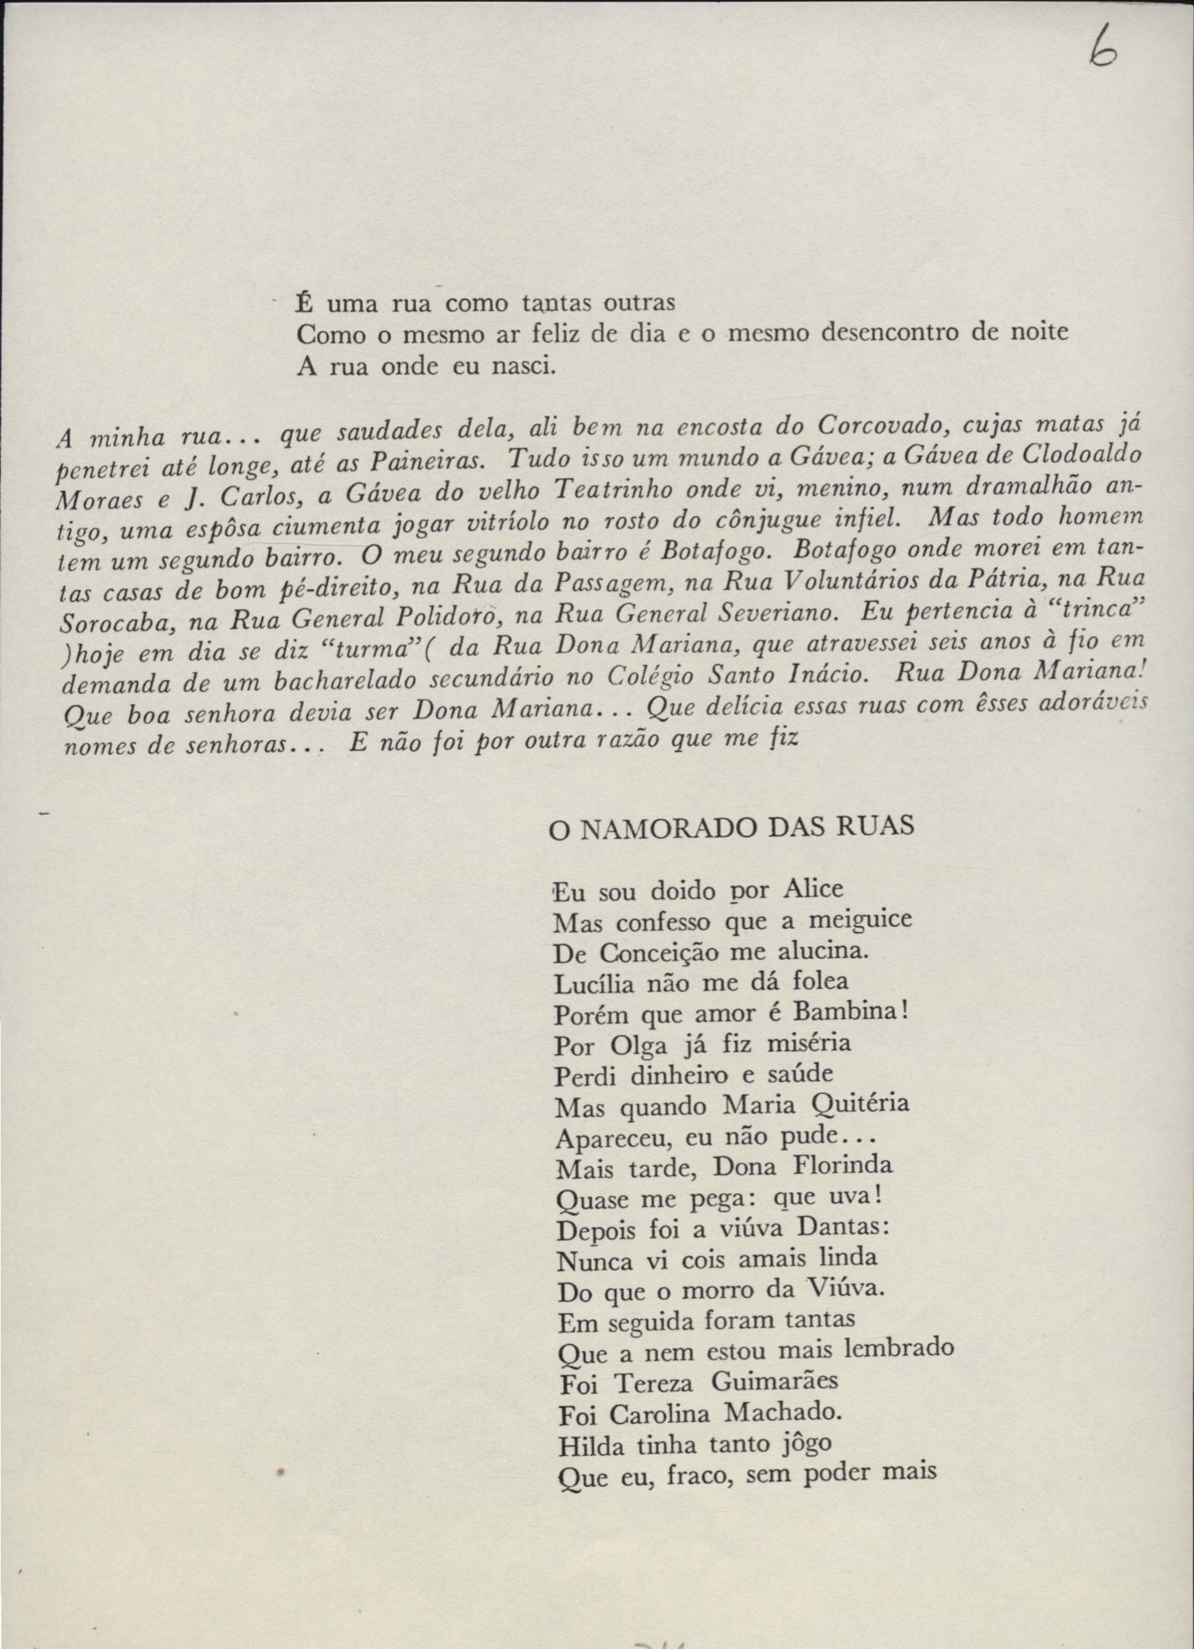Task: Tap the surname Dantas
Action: point(836,1227)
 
